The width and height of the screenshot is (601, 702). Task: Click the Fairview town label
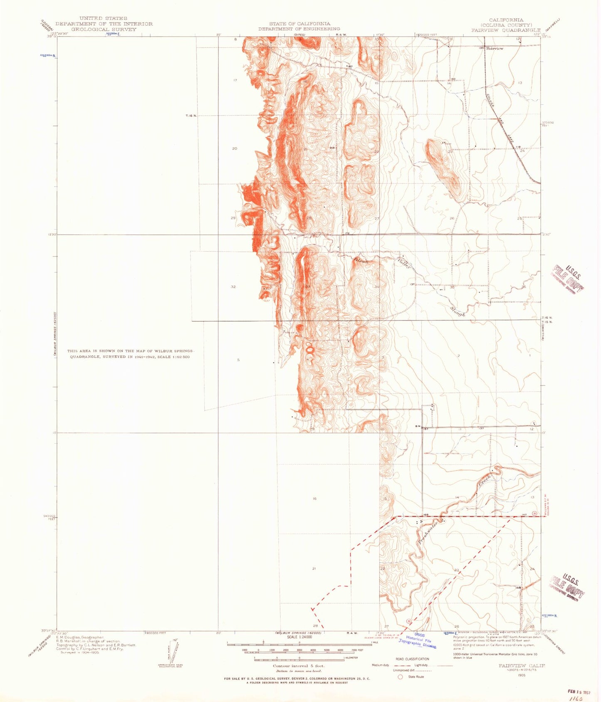(495, 49)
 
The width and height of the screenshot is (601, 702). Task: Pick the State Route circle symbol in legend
(400, 677)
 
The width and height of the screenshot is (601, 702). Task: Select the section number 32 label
(233, 287)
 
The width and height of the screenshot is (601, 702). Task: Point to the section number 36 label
(524, 287)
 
